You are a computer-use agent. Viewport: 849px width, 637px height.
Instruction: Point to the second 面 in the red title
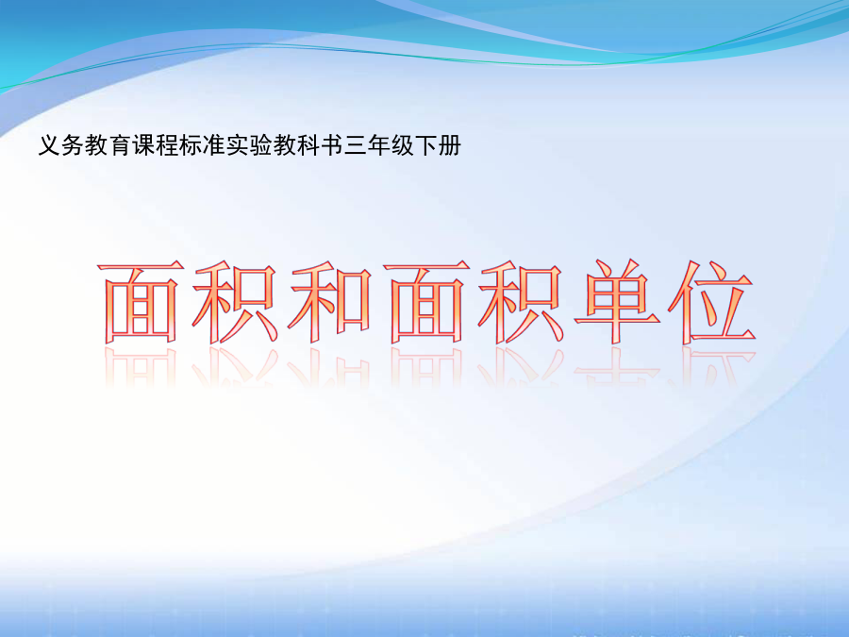(x=426, y=302)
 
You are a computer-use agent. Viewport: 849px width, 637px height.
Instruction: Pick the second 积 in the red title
(x=521, y=302)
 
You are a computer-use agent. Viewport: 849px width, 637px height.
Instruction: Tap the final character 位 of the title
(x=712, y=302)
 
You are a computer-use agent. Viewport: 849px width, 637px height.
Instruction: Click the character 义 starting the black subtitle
(x=49, y=145)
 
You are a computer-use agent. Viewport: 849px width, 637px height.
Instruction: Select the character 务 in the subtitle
(x=73, y=145)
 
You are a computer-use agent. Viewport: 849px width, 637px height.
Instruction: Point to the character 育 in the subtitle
(x=120, y=145)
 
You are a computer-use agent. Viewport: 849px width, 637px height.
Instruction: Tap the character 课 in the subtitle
(x=143, y=145)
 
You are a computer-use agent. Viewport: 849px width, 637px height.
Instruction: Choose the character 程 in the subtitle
(x=167, y=145)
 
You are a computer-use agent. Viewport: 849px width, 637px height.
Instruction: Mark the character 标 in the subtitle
(x=190, y=145)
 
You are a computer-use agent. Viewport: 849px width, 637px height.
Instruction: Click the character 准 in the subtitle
(x=214, y=145)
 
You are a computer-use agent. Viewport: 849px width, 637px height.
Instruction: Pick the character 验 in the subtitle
(x=261, y=145)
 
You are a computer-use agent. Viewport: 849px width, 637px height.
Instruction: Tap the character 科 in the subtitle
(x=308, y=145)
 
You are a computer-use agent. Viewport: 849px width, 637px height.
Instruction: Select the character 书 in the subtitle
(x=331, y=145)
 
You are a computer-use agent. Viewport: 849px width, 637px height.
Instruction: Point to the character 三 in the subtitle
(x=356, y=145)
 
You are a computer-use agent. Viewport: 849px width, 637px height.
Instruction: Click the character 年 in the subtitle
(x=378, y=145)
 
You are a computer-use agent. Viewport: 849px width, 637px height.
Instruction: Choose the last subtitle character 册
(x=449, y=145)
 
